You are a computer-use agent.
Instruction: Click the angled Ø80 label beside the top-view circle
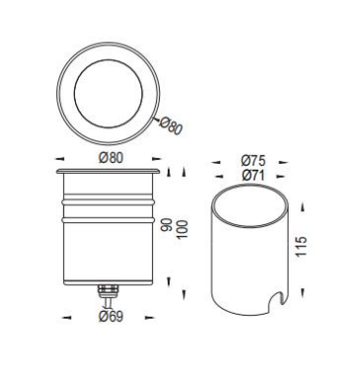[x=171, y=125]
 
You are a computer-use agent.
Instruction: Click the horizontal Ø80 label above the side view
[x=111, y=158]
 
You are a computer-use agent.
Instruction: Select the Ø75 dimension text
[x=252, y=161]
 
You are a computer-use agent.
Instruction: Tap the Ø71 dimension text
[x=252, y=176]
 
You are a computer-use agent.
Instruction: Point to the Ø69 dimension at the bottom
[x=111, y=317]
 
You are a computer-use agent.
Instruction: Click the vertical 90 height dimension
[x=168, y=225]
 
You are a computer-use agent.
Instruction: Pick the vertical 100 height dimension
[x=182, y=229]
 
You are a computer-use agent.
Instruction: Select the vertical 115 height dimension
[x=301, y=247]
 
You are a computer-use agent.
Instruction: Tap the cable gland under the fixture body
[x=108, y=290]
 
